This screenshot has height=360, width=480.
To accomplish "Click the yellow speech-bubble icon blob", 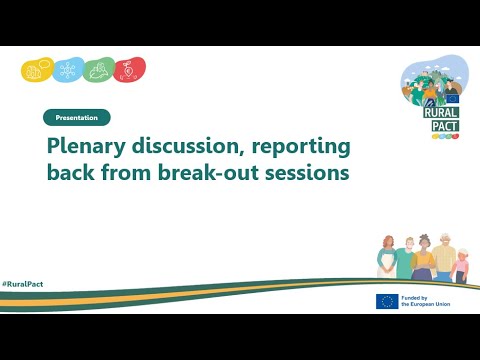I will click(x=36, y=71).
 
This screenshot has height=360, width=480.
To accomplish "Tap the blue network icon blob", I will click(x=68, y=71).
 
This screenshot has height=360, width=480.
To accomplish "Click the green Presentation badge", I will click(x=77, y=117).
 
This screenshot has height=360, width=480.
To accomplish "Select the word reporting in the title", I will click(x=302, y=147).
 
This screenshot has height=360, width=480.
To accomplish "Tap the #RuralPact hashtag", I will click(x=22, y=285).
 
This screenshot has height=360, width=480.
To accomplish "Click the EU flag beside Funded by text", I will click(x=387, y=301).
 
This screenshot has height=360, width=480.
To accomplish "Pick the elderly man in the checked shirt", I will click(x=444, y=259).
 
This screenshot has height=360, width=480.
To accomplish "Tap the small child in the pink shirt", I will click(x=460, y=267).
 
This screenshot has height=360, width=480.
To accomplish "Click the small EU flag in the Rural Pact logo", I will click(x=452, y=99).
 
